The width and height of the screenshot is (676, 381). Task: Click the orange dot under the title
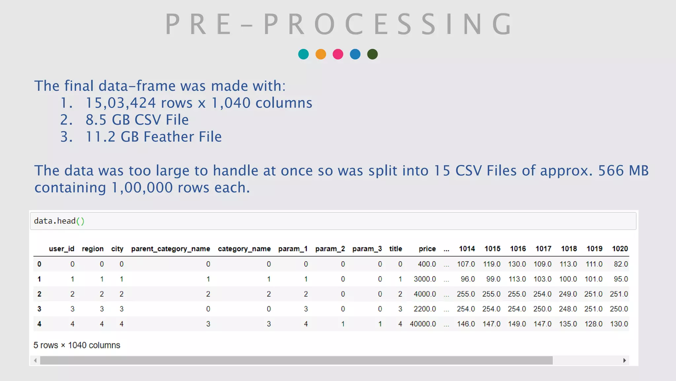click(321, 54)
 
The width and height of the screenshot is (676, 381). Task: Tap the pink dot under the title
click(338, 54)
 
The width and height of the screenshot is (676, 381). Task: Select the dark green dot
click(372, 54)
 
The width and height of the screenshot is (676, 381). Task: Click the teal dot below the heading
click(303, 54)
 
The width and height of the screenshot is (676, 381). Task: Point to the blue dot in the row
click(355, 54)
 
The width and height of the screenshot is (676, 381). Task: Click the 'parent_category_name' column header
click(170, 249)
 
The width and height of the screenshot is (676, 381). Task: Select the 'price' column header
click(427, 249)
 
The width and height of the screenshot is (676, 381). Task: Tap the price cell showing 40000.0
click(423, 324)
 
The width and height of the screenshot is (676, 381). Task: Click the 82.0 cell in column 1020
click(621, 264)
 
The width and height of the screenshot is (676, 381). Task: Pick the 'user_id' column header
click(61, 249)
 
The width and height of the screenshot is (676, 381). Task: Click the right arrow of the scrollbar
click(625, 360)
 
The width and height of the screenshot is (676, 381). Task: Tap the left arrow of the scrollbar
click(35, 360)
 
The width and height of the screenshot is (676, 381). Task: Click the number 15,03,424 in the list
click(120, 103)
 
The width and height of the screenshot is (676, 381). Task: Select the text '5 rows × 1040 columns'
click(77, 345)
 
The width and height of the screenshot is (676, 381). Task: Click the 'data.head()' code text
click(59, 221)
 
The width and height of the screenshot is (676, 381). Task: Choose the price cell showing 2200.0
click(424, 309)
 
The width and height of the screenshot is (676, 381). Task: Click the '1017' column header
click(543, 249)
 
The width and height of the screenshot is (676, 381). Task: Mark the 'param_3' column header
click(367, 249)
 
